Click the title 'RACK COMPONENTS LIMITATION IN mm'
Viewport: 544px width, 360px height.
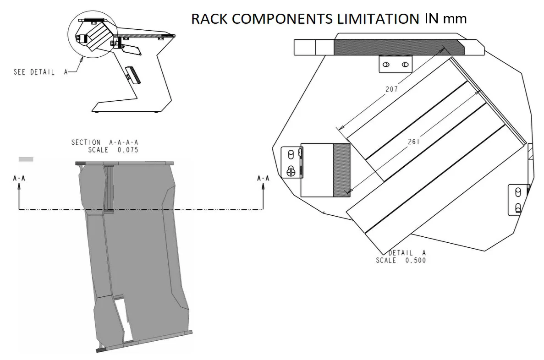click(x=329, y=19)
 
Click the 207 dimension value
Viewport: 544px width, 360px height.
click(x=391, y=89)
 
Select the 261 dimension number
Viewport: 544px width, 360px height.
click(x=414, y=142)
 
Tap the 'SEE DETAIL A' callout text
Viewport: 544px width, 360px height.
click(x=40, y=72)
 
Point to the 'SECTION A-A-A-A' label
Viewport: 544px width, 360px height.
click(x=104, y=142)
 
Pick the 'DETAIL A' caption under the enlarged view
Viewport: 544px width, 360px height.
click(x=407, y=253)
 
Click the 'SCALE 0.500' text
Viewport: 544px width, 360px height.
click(x=401, y=261)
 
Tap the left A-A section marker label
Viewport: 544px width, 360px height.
click(x=19, y=178)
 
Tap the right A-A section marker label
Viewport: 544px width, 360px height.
click(x=263, y=178)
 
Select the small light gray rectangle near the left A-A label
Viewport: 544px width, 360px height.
click(x=26, y=159)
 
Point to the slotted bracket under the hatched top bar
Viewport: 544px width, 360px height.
click(x=395, y=64)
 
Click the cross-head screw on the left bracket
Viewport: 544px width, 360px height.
click(x=291, y=172)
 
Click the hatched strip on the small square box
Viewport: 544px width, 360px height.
click(x=341, y=170)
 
